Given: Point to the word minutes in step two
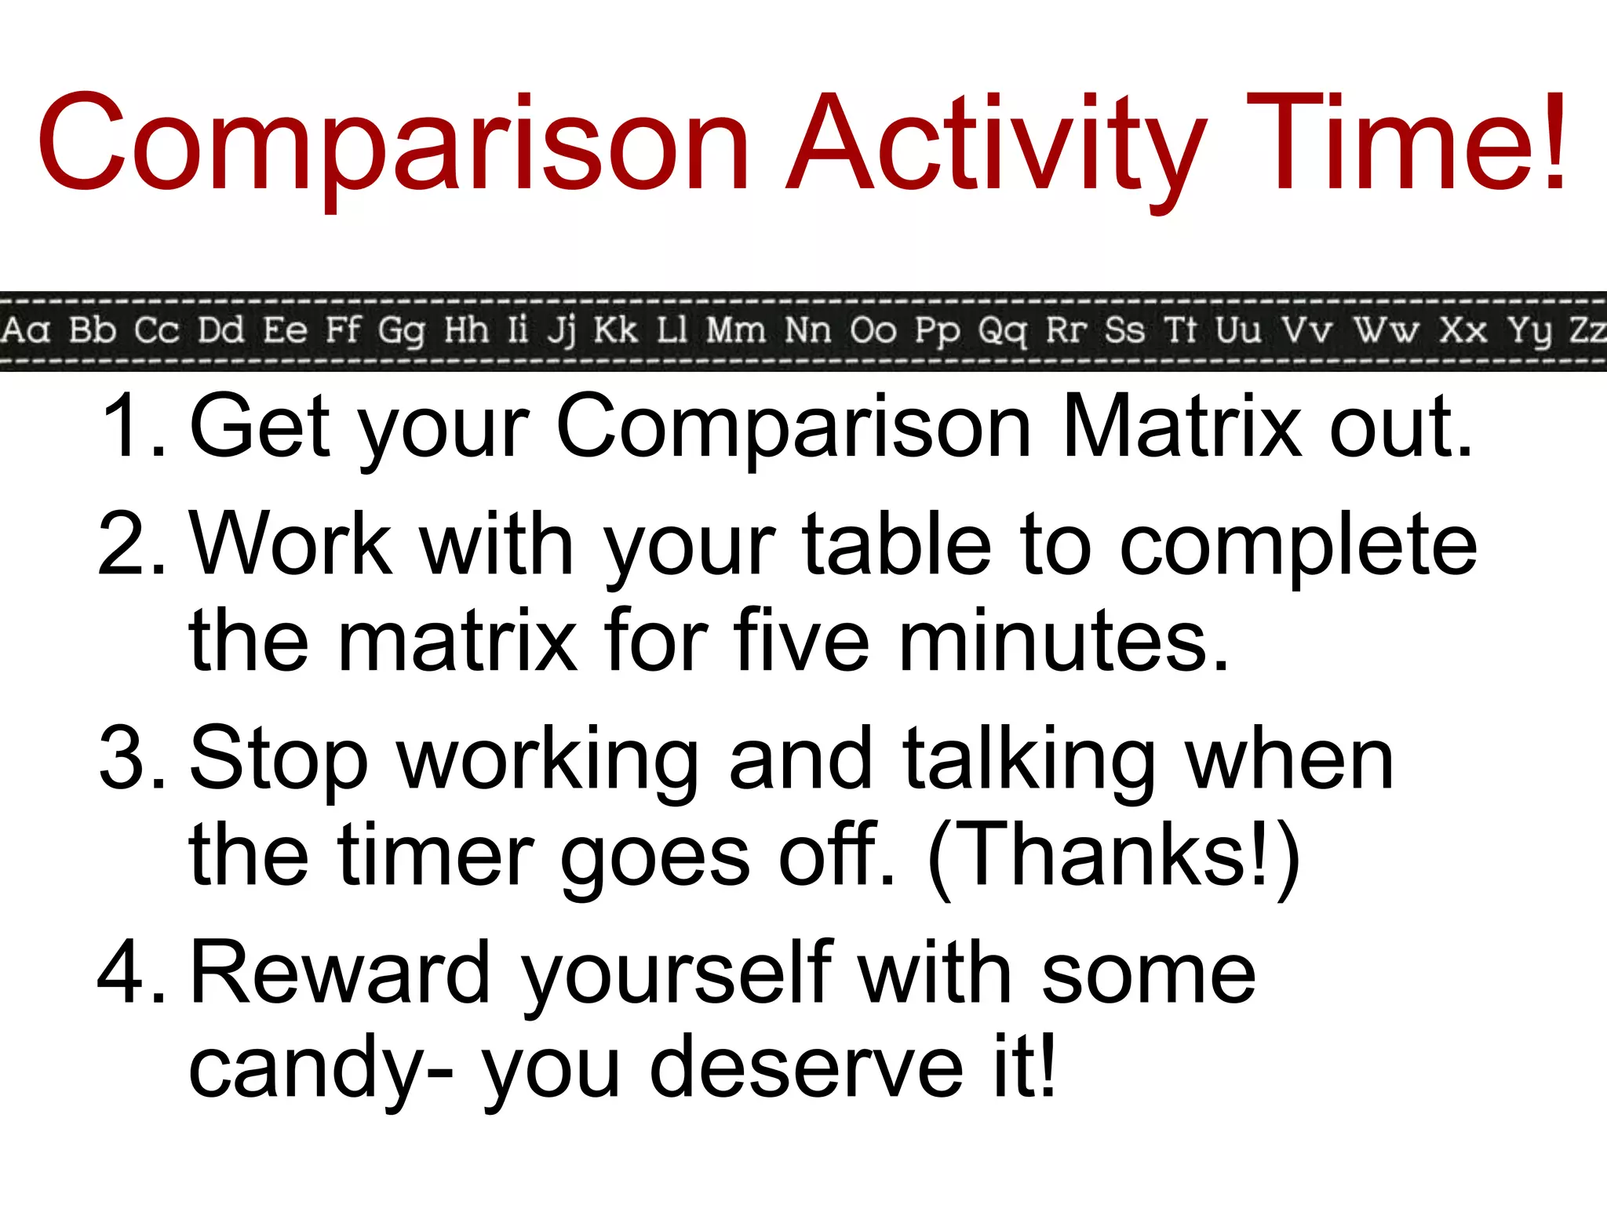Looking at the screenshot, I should pos(1063,641).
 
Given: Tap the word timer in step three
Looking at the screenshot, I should pos(435,855).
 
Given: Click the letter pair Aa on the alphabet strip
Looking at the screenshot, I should pos(25,330).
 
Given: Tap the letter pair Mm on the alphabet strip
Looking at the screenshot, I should pos(735,330).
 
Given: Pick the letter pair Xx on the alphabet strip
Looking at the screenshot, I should pos(1463,330).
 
